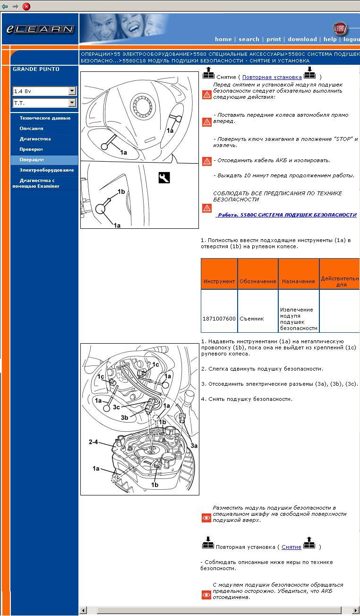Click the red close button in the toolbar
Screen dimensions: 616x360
[26, 6]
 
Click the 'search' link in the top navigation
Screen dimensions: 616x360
[249, 39]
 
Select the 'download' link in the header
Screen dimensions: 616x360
[302, 39]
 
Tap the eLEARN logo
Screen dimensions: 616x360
[40, 29]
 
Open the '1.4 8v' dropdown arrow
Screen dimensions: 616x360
[72, 91]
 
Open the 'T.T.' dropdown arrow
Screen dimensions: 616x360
[72, 103]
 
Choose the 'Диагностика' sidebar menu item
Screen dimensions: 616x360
[35, 139]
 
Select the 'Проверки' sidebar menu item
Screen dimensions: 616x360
[31, 149]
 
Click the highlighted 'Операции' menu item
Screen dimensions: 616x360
[32, 160]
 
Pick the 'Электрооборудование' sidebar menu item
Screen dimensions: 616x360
[46, 170]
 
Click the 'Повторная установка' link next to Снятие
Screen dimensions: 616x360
[272, 77]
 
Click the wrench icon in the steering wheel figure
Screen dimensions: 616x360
[164, 178]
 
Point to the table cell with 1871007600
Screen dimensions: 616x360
[219, 319]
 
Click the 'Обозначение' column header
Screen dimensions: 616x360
[257, 281]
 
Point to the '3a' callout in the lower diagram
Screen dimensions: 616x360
[194, 445]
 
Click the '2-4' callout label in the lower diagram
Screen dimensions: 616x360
[93, 442]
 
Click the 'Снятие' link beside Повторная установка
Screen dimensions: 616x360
[291, 547]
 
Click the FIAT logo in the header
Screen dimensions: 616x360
[339, 29]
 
